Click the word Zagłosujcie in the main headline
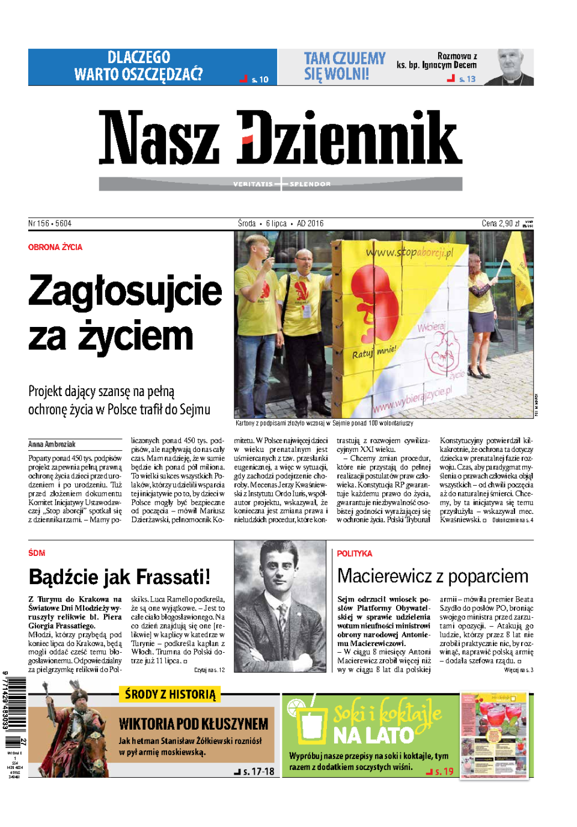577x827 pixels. point(125,291)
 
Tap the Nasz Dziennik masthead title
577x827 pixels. point(280,138)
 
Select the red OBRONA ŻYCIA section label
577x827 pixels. point(55,247)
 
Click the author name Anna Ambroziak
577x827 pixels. point(52,444)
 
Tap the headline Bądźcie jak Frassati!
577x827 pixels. point(119,577)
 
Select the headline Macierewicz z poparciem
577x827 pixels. point(432,576)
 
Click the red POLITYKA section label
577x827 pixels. point(355,554)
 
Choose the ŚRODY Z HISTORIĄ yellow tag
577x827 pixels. point(170,695)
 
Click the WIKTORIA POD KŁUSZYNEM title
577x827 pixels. point(193,724)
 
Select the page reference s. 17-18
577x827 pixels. point(258,772)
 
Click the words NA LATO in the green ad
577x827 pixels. point(373,735)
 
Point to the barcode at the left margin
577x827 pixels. point(16,704)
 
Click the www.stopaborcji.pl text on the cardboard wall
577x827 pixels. point(410,252)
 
